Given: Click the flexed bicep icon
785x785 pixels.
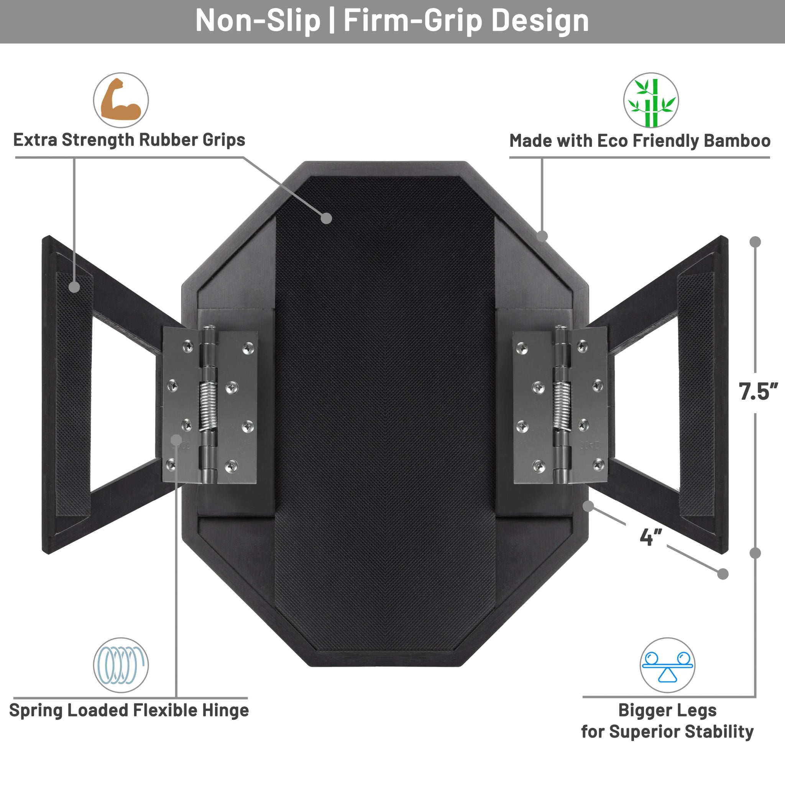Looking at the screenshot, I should coord(121,100).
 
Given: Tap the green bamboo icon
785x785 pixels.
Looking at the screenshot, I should coord(651,100).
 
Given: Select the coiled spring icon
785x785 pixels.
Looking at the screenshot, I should coord(121,665).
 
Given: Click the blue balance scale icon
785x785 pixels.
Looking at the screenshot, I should coord(667,665).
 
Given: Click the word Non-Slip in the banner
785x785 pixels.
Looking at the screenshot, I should coord(258,20).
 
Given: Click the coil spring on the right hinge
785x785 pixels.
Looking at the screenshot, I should coord(562,406).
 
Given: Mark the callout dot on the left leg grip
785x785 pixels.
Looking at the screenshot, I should coord(74,287).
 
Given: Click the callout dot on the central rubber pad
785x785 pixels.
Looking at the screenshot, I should coord(326,218).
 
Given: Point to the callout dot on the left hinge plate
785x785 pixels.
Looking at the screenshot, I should coord(176,440).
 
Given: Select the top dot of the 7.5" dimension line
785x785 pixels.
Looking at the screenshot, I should coord(755,242).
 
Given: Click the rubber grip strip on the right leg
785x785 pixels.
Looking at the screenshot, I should coord(696,394).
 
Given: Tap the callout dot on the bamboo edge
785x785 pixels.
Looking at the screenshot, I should coord(542,236).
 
